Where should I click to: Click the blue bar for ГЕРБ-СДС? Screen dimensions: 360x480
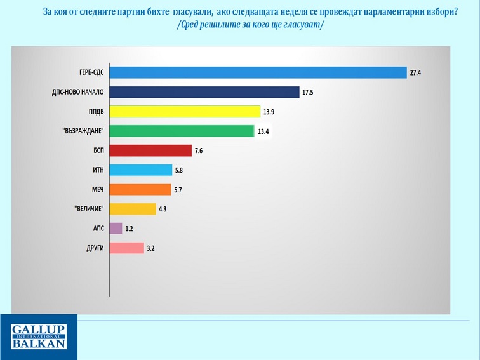click(258, 72)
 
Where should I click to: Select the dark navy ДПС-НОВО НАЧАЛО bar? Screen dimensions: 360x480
click(204, 92)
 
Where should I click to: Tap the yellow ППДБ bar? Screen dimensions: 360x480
click(185, 112)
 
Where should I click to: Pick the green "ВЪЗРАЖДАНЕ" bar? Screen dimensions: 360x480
click(182, 131)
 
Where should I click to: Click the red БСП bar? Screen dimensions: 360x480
click(150, 150)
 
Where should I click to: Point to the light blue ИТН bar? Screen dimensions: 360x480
click(141, 170)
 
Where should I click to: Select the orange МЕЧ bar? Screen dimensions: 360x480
click(140, 189)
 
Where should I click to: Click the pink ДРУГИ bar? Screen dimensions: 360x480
click(127, 248)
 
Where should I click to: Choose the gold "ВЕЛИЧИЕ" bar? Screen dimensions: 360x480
click(133, 209)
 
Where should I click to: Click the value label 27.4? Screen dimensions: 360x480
click(416, 73)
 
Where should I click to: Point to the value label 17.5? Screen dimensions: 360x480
click(309, 93)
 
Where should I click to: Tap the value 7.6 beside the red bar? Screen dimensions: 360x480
click(200, 151)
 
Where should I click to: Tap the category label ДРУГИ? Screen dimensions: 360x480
click(95, 248)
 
